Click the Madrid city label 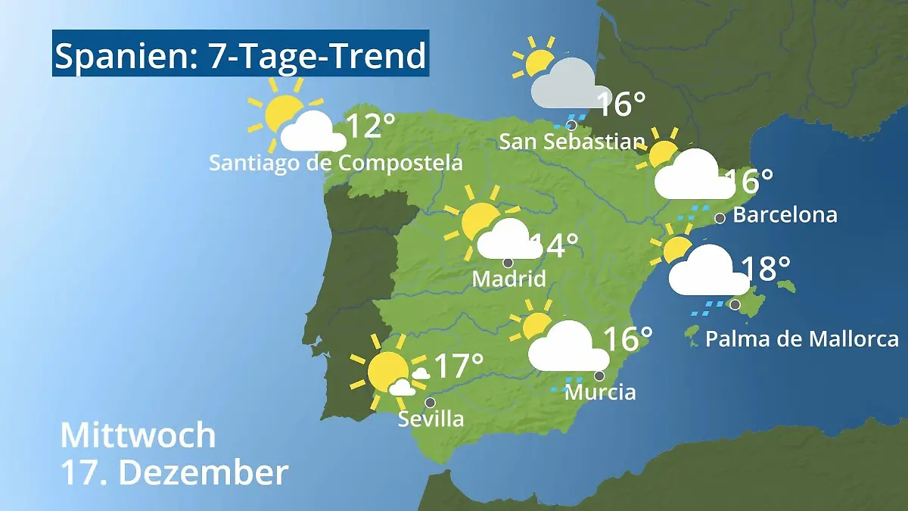508,279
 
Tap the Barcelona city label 785,215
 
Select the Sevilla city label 431,419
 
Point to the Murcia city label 600,392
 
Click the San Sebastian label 572,142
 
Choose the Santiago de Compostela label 335,163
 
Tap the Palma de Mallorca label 801,338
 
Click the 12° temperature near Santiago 371,126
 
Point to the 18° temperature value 765,267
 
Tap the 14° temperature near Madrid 556,245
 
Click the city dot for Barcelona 720,218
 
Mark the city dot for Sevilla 431,402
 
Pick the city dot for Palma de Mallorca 735,304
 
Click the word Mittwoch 138,435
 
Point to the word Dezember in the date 204,472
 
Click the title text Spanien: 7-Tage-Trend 241,56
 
